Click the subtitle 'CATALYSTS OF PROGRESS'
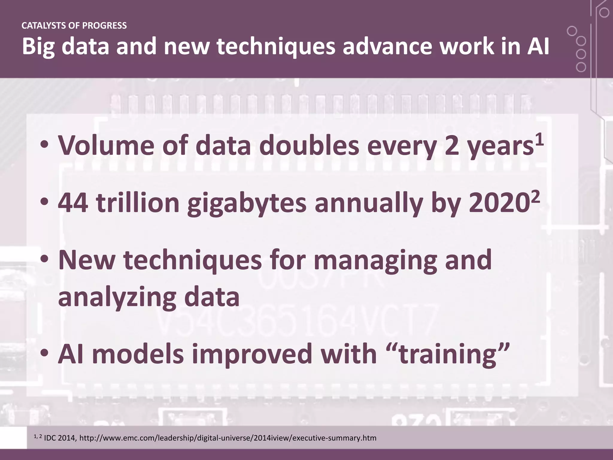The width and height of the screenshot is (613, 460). tap(74, 26)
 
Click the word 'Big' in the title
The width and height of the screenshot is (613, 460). tap(38, 47)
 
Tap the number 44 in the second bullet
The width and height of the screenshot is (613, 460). tap(73, 203)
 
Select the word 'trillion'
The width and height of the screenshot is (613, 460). tap(138, 203)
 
